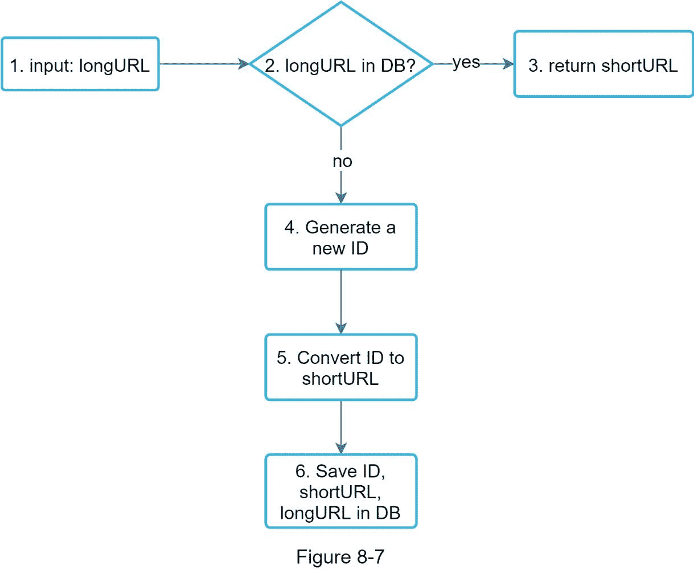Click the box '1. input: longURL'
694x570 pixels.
[x=80, y=64]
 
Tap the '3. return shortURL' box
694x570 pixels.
[x=603, y=64]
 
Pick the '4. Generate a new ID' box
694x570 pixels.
[x=340, y=237]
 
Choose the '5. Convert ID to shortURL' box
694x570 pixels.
[x=340, y=367]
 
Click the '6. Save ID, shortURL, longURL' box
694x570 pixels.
[x=340, y=491]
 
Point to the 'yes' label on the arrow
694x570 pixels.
[x=466, y=63]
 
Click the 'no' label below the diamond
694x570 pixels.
[x=342, y=162]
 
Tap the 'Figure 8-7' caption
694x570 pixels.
[x=340, y=556]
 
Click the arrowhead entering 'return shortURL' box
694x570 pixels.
[x=507, y=64]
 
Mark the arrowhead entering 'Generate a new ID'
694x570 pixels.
[x=341, y=197]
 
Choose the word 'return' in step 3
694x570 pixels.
[x=572, y=65]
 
